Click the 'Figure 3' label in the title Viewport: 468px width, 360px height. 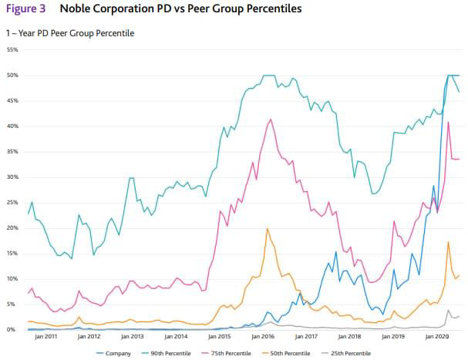point(26,8)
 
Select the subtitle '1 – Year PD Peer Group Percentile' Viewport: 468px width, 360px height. point(70,33)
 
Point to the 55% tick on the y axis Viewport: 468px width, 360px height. point(12,50)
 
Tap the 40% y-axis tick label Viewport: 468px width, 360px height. point(12,126)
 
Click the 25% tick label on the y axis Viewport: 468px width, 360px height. point(12,203)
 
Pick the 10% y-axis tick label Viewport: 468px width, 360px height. point(12,279)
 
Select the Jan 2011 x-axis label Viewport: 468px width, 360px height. point(45,337)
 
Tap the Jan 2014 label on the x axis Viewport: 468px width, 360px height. point(176,337)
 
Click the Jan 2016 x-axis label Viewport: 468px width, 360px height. point(263,337)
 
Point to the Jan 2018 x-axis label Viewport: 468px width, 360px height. point(350,337)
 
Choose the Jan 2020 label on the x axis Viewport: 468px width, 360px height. point(436,337)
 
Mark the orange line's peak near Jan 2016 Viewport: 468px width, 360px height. point(268,228)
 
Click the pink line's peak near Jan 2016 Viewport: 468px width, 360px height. point(270,119)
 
